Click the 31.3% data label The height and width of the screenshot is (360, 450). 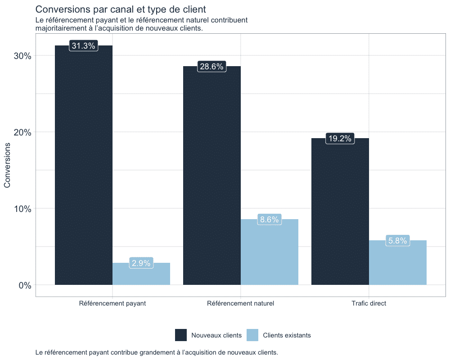tap(83, 46)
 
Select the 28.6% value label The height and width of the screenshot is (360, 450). tap(211, 67)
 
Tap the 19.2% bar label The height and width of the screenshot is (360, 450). tap(340, 139)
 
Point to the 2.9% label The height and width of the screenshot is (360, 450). tap(141, 263)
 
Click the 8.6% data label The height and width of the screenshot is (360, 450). tap(270, 220)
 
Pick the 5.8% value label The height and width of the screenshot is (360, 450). tap(398, 241)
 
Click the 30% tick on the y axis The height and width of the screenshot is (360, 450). tap(22, 56)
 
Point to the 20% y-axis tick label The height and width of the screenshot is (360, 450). tap(22, 132)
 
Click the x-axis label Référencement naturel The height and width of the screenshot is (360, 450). tap(240, 303)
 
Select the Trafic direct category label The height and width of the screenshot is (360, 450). tap(369, 303)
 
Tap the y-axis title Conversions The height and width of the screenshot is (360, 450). tap(8, 165)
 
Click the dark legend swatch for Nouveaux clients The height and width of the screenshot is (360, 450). tap(181, 335)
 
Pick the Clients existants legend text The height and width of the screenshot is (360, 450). tap(287, 335)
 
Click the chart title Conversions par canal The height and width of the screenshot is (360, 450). tap(120, 9)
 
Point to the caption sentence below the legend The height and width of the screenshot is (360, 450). tap(157, 352)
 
